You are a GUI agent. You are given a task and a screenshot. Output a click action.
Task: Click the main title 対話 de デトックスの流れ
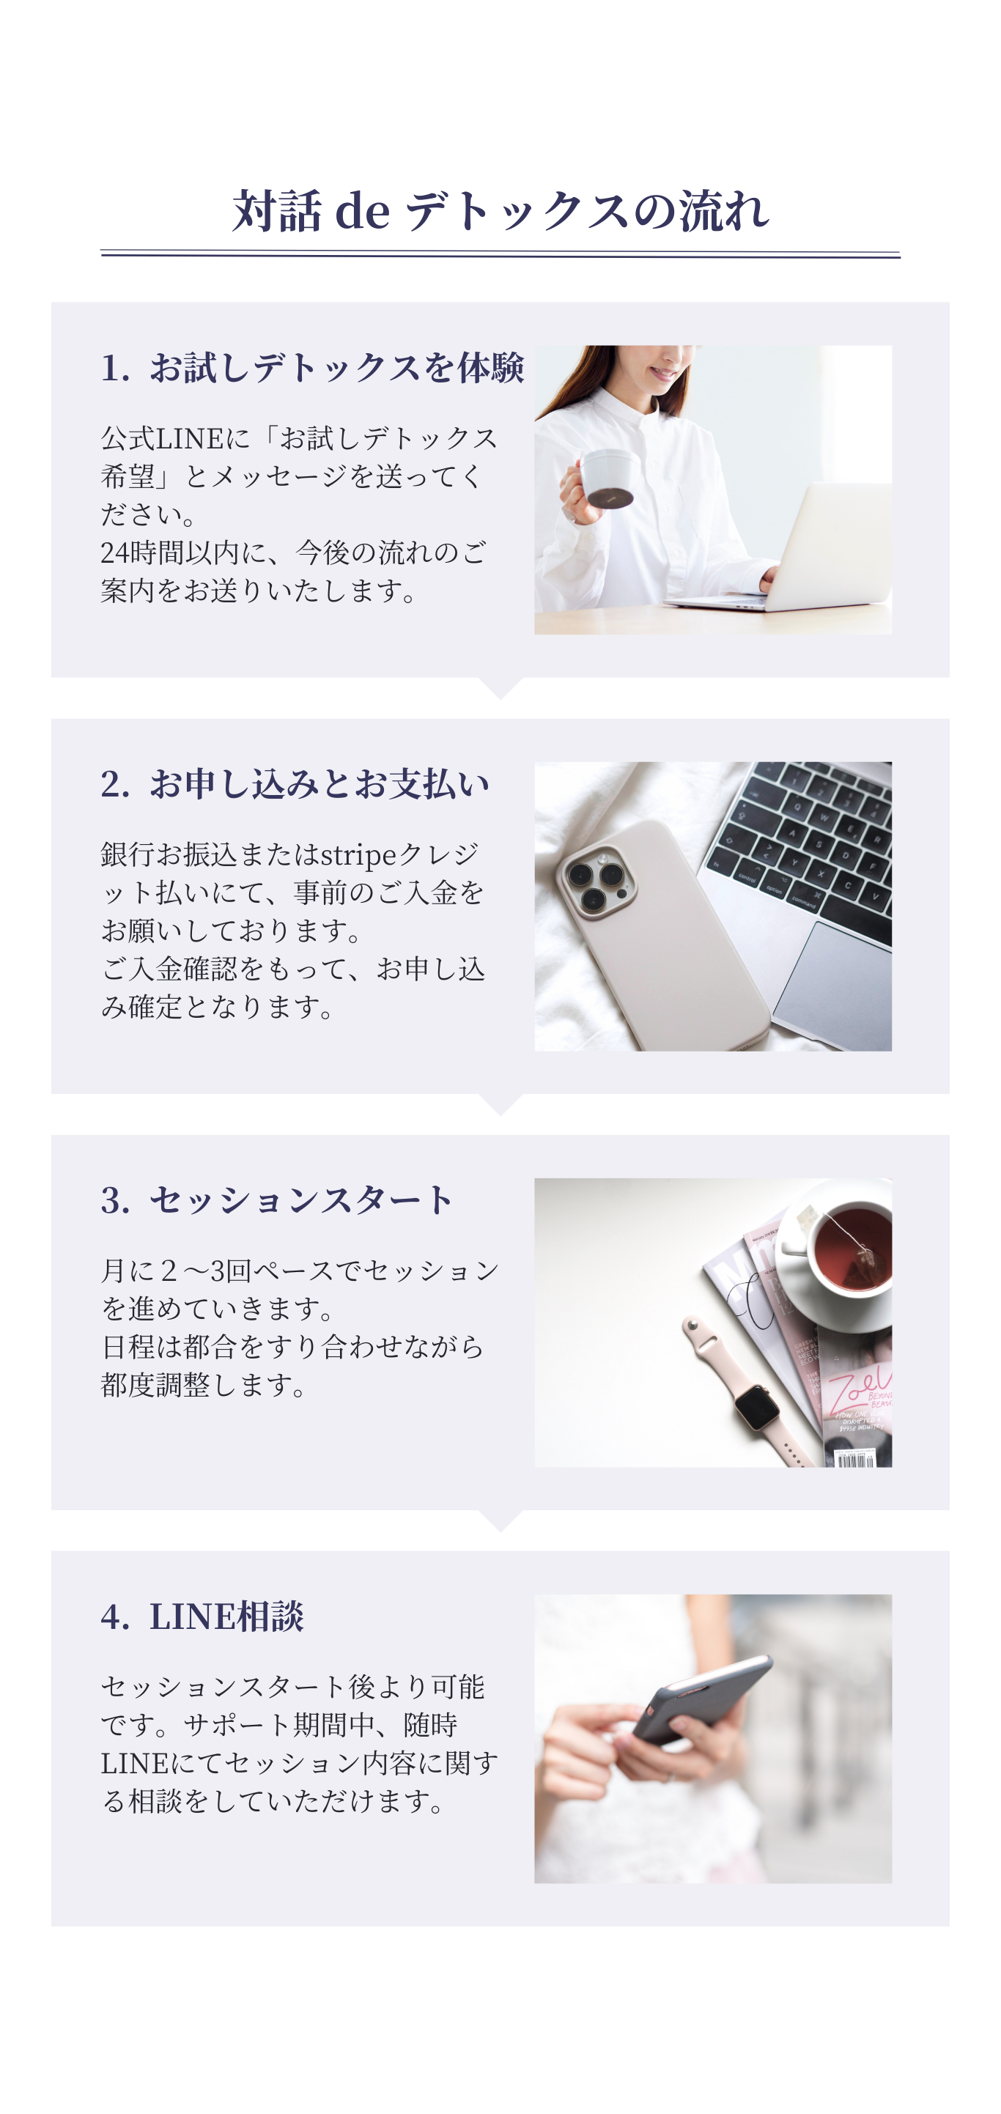(x=500, y=211)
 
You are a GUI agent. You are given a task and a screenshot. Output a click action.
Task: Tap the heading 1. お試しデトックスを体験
(x=311, y=368)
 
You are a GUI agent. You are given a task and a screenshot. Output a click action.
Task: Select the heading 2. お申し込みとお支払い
(x=295, y=784)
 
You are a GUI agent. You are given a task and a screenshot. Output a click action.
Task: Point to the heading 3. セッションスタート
(x=276, y=1200)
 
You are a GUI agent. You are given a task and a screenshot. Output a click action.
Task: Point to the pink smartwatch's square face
(x=756, y=1409)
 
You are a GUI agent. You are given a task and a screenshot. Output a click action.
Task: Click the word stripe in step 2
(x=358, y=855)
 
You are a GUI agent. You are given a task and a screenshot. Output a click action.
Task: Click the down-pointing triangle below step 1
(x=500, y=687)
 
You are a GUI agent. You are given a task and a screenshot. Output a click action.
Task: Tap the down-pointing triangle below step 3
(x=500, y=1520)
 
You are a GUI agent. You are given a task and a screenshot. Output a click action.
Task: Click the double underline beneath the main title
(x=500, y=254)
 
